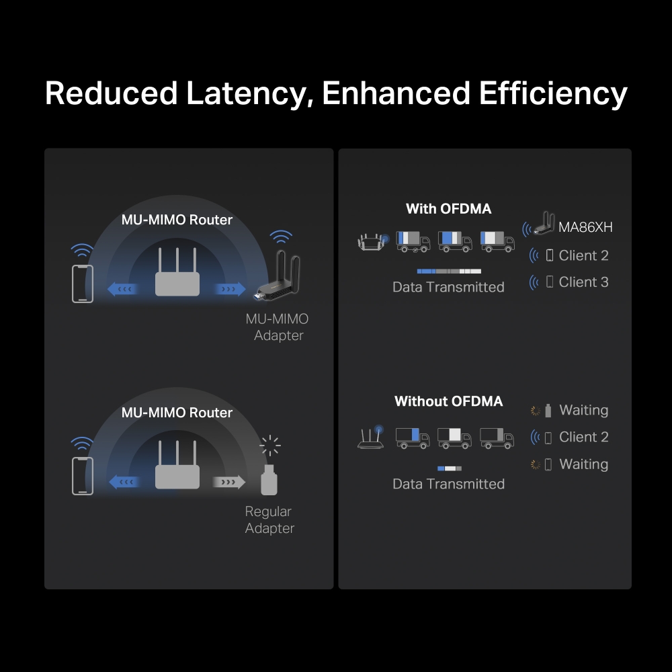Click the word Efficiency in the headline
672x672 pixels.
(x=553, y=93)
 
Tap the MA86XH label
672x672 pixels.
(x=585, y=227)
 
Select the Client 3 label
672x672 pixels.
(x=583, y=282)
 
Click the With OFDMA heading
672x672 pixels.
(x=448, y=209)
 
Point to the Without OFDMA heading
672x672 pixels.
(x=448, y=402)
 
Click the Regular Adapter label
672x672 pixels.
(x=269, y=520)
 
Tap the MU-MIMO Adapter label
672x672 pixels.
(x=278, y=327)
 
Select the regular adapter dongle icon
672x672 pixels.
(x=269, y=479)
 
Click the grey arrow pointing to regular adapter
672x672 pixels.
(x=228, y=482)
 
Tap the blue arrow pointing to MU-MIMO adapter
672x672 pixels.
(x=229, y=289)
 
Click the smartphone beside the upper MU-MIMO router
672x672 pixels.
(x=83, y=284)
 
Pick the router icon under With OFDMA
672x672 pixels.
(x=372, y=242)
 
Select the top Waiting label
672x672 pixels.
(x=583, y=411)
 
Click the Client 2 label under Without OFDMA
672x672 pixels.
(x=583, y=437)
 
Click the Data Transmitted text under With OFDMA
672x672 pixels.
(x=448, y=287)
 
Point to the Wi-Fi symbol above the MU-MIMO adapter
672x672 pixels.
(x=281, y=237)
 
